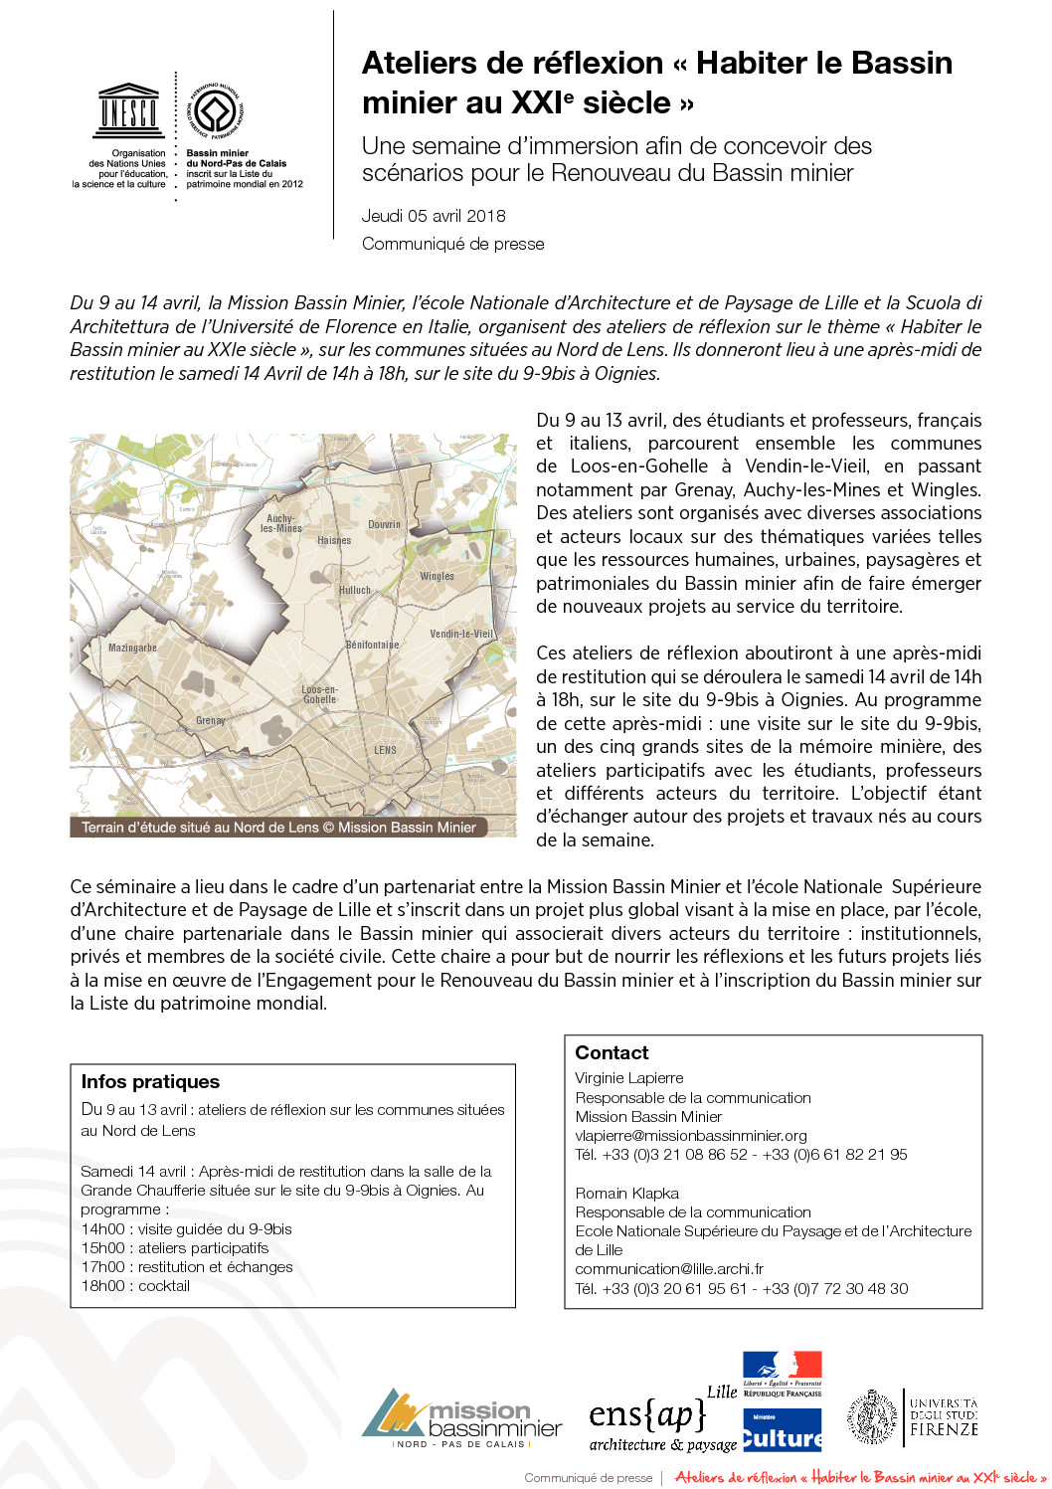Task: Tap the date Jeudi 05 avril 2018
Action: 434,216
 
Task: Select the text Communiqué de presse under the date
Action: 452,244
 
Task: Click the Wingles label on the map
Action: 437,576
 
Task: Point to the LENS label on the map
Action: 385,750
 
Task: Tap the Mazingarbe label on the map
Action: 132,648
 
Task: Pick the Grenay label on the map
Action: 210,720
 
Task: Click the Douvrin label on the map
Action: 384,524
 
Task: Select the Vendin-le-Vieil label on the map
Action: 460,634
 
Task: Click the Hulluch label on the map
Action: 354,590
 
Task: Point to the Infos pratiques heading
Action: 150,1082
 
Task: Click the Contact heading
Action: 612,1053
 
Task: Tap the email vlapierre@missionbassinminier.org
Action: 691,1135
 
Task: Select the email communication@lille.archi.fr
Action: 669,1269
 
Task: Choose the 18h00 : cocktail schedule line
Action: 135,1286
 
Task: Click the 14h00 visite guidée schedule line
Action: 187,1229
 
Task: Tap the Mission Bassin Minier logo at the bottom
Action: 461,1418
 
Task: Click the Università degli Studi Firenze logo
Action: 913,1417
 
